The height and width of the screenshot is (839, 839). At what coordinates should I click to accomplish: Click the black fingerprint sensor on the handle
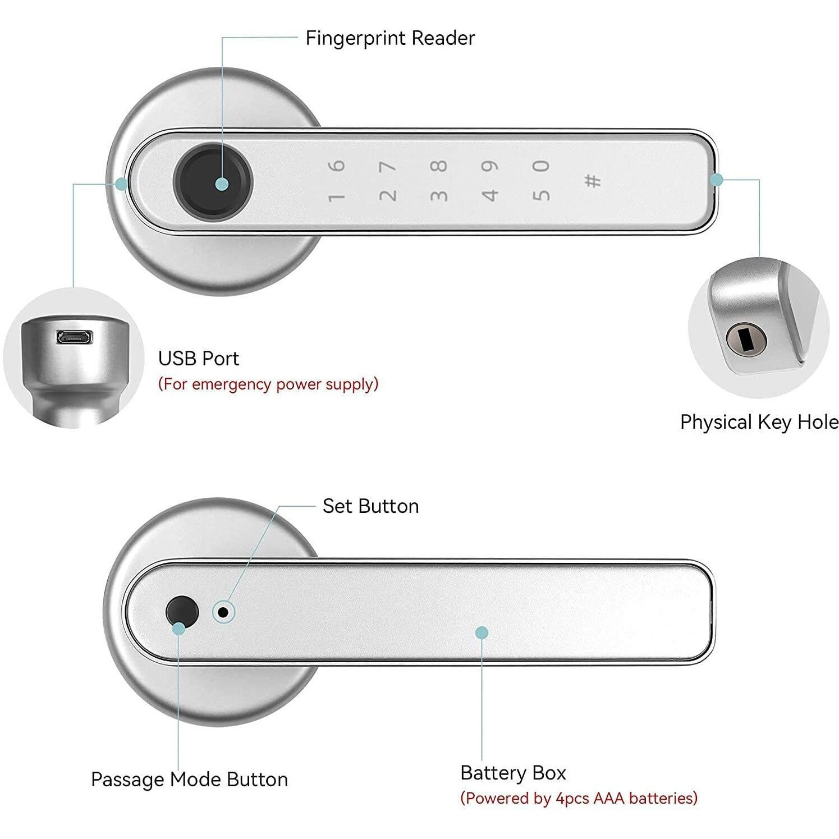[213, 183]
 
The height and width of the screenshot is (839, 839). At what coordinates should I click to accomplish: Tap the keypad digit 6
[336, 166]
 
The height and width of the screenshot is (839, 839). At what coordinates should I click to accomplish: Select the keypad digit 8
[439, 166]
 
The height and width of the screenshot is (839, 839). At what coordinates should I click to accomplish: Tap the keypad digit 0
[541, 166]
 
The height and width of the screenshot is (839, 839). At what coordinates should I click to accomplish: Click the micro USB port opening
[74, 337]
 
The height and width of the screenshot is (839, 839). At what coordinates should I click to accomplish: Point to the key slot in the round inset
[745, 338]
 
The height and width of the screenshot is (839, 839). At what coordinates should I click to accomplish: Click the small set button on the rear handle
[223, 612]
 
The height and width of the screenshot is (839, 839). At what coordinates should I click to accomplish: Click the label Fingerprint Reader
[390, 38]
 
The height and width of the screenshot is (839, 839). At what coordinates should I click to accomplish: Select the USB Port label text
[198, 359]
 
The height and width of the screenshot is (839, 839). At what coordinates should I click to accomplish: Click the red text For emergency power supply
[268, 384]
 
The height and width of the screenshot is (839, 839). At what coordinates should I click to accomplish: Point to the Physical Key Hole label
[759, 422]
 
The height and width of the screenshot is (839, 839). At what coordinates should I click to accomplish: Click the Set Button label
[370, 506]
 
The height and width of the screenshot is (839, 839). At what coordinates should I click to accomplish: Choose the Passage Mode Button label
[189, 780]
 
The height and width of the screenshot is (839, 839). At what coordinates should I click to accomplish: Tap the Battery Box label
[513, 773]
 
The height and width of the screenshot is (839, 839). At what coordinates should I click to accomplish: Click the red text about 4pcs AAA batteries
[579, 798]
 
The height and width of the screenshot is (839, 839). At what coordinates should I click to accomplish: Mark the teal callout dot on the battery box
[482, 633]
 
